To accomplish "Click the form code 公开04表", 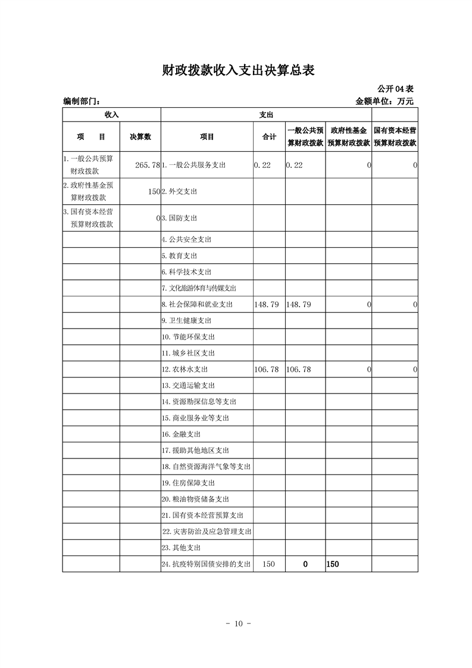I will (395, 89).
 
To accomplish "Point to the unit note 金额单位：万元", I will (384, 101).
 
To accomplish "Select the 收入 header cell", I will (111, 114).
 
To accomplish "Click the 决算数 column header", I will (140, 137).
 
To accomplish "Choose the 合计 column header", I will (269, 137).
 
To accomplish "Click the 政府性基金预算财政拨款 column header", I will (348, 137).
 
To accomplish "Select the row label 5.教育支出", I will (179, 256).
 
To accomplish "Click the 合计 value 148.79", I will (266, 304).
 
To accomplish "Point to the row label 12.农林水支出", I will (185, 370).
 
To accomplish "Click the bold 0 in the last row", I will (305, 564).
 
